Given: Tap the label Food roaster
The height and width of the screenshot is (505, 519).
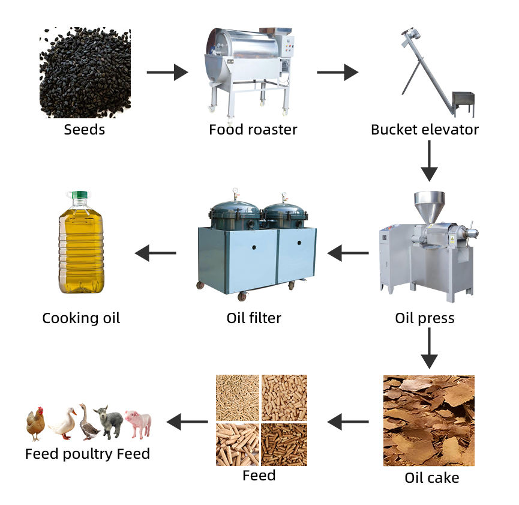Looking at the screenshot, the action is [253, 129].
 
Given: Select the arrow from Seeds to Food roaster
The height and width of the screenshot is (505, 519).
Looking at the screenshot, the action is [167, 73].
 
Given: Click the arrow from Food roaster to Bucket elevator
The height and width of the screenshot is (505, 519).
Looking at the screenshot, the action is [337, 73].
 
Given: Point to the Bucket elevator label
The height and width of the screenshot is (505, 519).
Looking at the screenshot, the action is [425, 129].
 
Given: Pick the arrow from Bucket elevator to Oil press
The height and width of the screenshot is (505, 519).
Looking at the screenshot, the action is [428, 160].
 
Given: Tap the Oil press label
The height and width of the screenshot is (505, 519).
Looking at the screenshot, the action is [425, 318].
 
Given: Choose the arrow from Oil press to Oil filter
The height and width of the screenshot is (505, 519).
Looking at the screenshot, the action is [348, 253].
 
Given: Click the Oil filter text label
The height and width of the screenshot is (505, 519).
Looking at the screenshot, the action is [254, 318].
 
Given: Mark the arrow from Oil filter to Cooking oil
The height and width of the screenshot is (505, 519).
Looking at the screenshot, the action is [155, 253].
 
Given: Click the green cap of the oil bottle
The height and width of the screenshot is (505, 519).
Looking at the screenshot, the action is [79, 195].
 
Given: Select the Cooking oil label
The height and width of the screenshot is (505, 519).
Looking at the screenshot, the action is [81, 318].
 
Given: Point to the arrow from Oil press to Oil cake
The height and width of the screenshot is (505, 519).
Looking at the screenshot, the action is [428, 348].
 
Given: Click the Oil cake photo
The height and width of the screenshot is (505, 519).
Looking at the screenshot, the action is [428, 420].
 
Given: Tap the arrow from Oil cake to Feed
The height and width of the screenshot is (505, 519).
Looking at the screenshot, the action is [348, 422].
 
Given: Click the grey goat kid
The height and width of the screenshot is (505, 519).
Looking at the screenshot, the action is [110, 422].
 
